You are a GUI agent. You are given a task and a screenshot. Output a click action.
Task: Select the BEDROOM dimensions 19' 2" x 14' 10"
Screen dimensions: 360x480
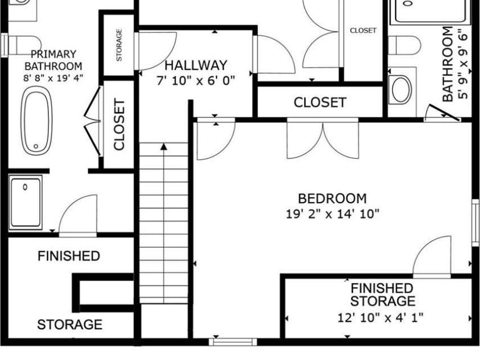pyautogui.click(x=333, y=214)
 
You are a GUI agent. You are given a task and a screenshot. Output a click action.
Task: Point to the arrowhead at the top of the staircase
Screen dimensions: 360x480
pyautogui.click(x=164, y=146)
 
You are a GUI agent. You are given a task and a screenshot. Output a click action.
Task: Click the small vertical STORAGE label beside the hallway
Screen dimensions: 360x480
pyautogui.click(x=119, y=45)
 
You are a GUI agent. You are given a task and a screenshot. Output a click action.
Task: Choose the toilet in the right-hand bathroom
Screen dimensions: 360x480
pyautogui.click(x=405, y=44)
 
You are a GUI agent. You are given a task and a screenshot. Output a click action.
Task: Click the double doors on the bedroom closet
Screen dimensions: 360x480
pyautogui.click(x=323, y=139)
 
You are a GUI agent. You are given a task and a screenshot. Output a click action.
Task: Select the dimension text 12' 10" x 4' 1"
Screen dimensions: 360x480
pyautogui.click(x=380, y=317)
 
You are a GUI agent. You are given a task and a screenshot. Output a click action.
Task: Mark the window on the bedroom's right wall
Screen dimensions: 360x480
pyautogui.click(x=475, y=223)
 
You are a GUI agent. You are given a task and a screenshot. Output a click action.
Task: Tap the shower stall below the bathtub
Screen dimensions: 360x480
pyautogui.click(x=26, y=202)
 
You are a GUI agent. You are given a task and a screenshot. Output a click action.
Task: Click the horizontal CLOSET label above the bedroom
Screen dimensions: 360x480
pyautogui.click(x=319, y=103)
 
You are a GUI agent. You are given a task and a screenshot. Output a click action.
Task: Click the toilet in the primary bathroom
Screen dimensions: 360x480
pyautogui.click(x=23, y=42)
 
